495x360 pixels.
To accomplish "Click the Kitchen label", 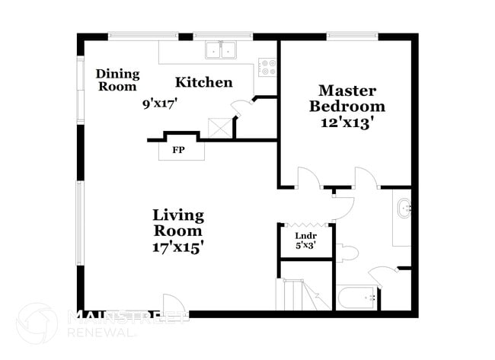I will click(x=203, y=82).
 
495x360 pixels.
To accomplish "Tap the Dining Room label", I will click(x=117, y=80).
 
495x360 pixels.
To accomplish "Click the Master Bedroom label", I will click(x=346, y=98).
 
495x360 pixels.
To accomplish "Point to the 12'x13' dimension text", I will click(x=346, y=123).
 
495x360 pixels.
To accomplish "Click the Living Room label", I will click(x=177, y=222).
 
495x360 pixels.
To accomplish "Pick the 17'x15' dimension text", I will click(x=177, y=247).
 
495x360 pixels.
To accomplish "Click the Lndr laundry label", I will click(x=305, y=236).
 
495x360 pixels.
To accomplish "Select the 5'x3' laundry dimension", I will click(x=305, y=246).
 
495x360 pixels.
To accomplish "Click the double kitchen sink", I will click(x=221, y=49).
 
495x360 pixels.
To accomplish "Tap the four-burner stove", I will click(x=267, y=67).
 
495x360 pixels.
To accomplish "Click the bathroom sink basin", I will click(x=404, y=206).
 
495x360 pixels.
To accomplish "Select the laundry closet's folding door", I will click(x=305, y=224).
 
